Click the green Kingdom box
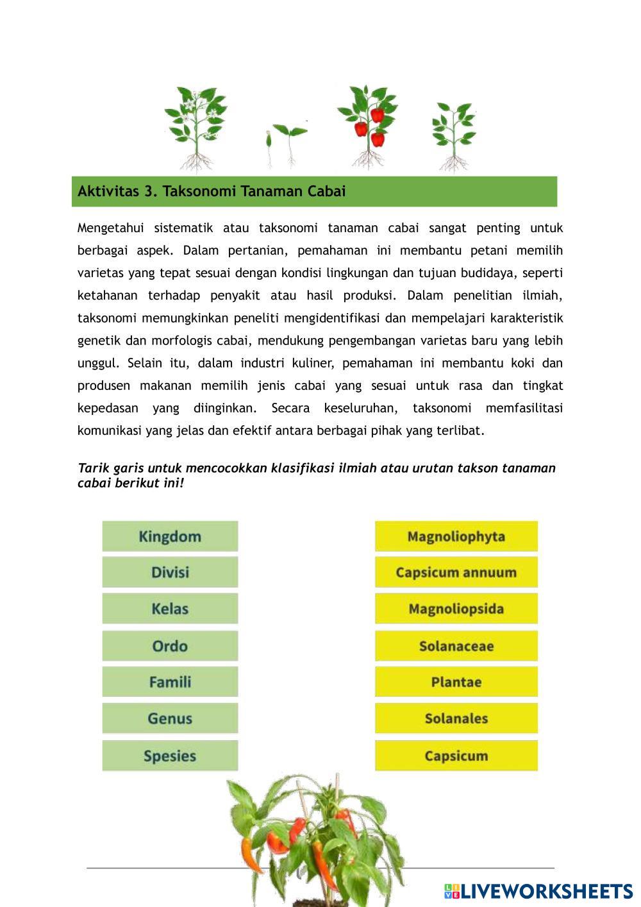(170, 536)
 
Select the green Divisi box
(170, 572)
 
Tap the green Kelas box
(170, 609)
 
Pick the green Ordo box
(170, 646)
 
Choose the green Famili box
(170, 682)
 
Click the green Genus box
(170, 718)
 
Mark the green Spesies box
(170, 756)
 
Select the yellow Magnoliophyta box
(456, 536)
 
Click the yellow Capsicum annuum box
(456, 572)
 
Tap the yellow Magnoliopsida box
(456, 609)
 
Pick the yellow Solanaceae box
(456, 646)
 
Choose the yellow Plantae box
(456, 682)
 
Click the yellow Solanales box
(456, 718)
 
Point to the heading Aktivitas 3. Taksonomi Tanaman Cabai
(212, 191)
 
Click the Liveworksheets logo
(538, 891)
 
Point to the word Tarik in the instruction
(92, 468)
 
